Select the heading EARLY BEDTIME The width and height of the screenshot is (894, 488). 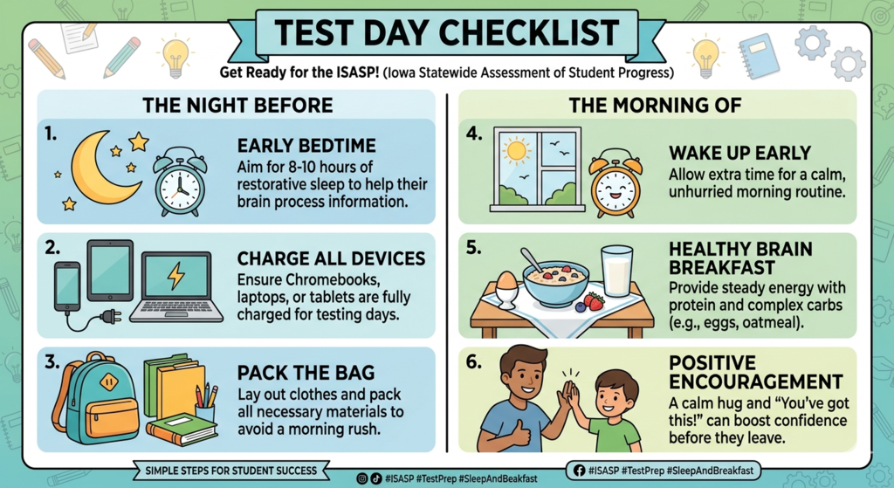click(306, 146)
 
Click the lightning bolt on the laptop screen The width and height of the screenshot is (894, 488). click(176, 278)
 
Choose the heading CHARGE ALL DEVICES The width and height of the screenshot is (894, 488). click(331, 259)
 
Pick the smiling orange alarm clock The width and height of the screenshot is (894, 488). click(615, 183)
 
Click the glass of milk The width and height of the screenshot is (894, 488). click(617, 271)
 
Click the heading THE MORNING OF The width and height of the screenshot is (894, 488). click(655, 106)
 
